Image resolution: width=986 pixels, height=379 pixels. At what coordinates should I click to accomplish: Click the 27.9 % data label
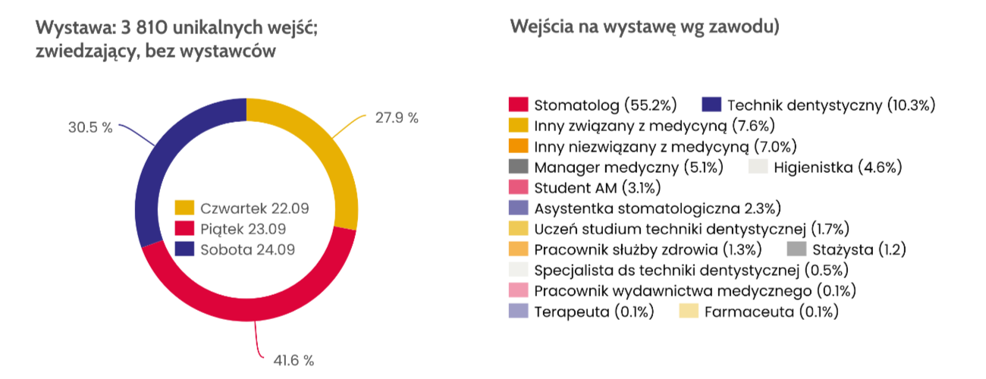pos(397,118)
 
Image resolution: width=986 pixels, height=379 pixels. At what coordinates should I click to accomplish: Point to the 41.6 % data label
pos(293,360)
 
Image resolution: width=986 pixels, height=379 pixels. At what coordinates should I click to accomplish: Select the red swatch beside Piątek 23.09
pos(185,228)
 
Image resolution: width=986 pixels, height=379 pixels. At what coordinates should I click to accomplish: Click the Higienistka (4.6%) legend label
pos(837,167)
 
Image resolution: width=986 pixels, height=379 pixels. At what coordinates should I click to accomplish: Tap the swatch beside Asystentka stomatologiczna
pos(518,208)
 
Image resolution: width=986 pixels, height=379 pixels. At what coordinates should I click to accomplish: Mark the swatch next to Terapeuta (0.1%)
pos(518,312)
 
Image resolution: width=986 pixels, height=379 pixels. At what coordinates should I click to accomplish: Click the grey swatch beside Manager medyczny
pos(518,167)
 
